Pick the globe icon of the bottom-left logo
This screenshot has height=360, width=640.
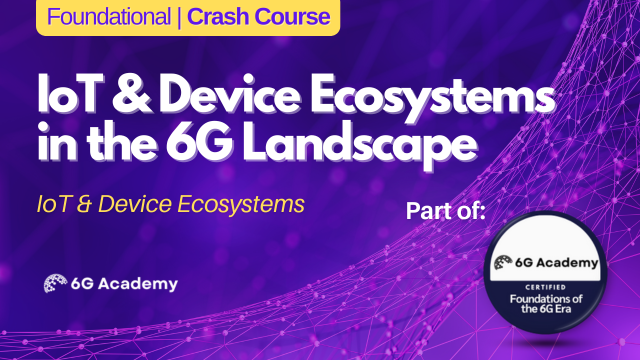pos(54,283)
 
